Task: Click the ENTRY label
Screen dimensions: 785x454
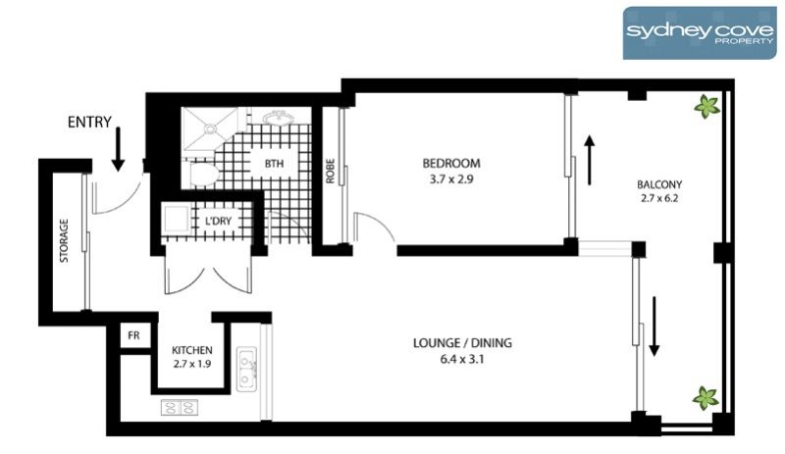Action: [89, 122]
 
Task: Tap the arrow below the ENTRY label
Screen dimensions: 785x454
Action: [118, 149]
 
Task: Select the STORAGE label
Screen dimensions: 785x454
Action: [64, 241]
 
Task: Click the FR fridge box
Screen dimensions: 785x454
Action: [133, 335]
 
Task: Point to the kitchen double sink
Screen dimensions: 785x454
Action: [246, 369]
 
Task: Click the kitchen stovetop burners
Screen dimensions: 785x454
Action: [180, 408]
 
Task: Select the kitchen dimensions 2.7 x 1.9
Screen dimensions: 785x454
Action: [192, 364]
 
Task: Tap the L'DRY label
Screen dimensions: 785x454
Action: [218, 221]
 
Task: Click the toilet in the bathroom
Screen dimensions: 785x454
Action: [204, 175]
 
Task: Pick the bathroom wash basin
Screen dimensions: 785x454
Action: [277, 119]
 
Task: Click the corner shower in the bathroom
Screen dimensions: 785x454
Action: [209, 128]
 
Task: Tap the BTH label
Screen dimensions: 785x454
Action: [274, 163]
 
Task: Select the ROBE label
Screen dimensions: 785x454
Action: [330, 172]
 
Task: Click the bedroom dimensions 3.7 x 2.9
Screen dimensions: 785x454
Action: [451, 178]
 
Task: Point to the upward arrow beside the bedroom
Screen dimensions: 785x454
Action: [591, 160]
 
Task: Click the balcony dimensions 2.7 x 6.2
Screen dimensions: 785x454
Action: [659, 198]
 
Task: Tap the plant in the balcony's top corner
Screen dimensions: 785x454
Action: [706, 106]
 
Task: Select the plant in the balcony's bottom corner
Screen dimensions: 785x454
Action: [706, 398]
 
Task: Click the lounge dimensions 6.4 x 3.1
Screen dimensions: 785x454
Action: [462, 359]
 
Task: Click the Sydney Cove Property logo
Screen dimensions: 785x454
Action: [700, 33]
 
